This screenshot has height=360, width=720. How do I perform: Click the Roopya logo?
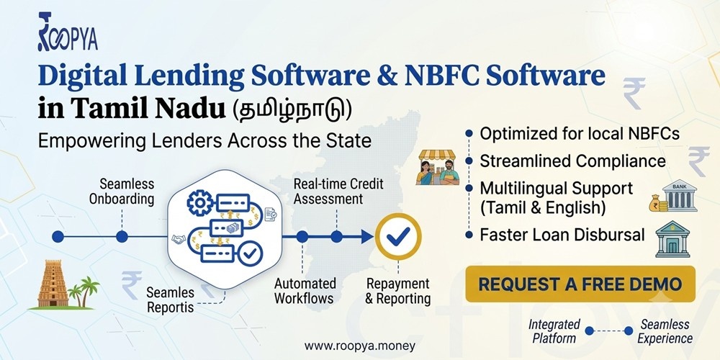click(x=68, y=31)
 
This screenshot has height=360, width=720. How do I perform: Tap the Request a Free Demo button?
click(x=580, y=284)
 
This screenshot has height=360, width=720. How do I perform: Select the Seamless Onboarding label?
click(x=121, y=192)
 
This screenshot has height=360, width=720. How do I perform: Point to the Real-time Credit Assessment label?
click(x=338, y=192)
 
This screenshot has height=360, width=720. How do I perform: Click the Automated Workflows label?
click(x=304, y=291)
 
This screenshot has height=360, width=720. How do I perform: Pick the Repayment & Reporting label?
click(x=398, y=291)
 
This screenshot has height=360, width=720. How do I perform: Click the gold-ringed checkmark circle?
click(x=398, y=236)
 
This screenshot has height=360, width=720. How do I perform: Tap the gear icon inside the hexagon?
click(x=200, y=203)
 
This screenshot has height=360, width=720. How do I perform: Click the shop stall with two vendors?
click(x=437, y=167)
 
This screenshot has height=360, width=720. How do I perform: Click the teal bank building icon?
click(x=672, y=239)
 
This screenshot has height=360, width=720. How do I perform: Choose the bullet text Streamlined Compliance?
click(x=572, y=161)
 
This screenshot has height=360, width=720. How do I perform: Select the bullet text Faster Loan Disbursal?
click(x=562, y=235)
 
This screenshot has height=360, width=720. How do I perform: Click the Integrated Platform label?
click(x=554, y=331)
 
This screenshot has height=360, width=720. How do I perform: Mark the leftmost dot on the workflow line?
click(x=58, y=236)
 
